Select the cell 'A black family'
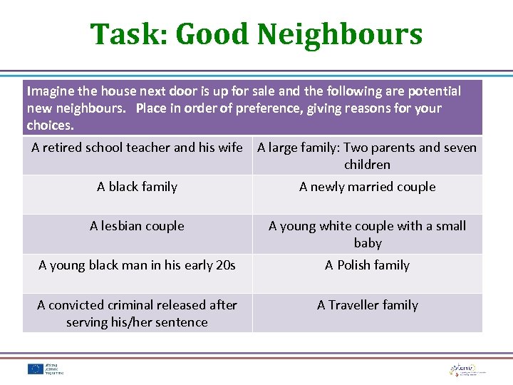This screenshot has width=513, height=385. coord(137,187)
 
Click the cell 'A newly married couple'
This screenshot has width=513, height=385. coord(367,187)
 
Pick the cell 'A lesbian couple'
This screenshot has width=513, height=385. coord(137,226)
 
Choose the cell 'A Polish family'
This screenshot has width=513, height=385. coord(367,265)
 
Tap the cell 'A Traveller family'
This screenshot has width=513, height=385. coord(367,305)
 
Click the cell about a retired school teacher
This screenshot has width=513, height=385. coord(137,148)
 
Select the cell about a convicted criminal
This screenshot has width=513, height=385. coord(137,313)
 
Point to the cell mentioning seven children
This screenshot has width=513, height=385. coord(367,155)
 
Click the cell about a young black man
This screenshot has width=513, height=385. coord(137,265)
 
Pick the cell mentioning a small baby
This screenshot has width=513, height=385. coord(367,234)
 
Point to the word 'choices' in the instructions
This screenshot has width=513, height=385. coord(49,125)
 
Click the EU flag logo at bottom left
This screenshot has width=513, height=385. coord(35,369)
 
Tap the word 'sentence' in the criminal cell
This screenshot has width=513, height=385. coord(182,322)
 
